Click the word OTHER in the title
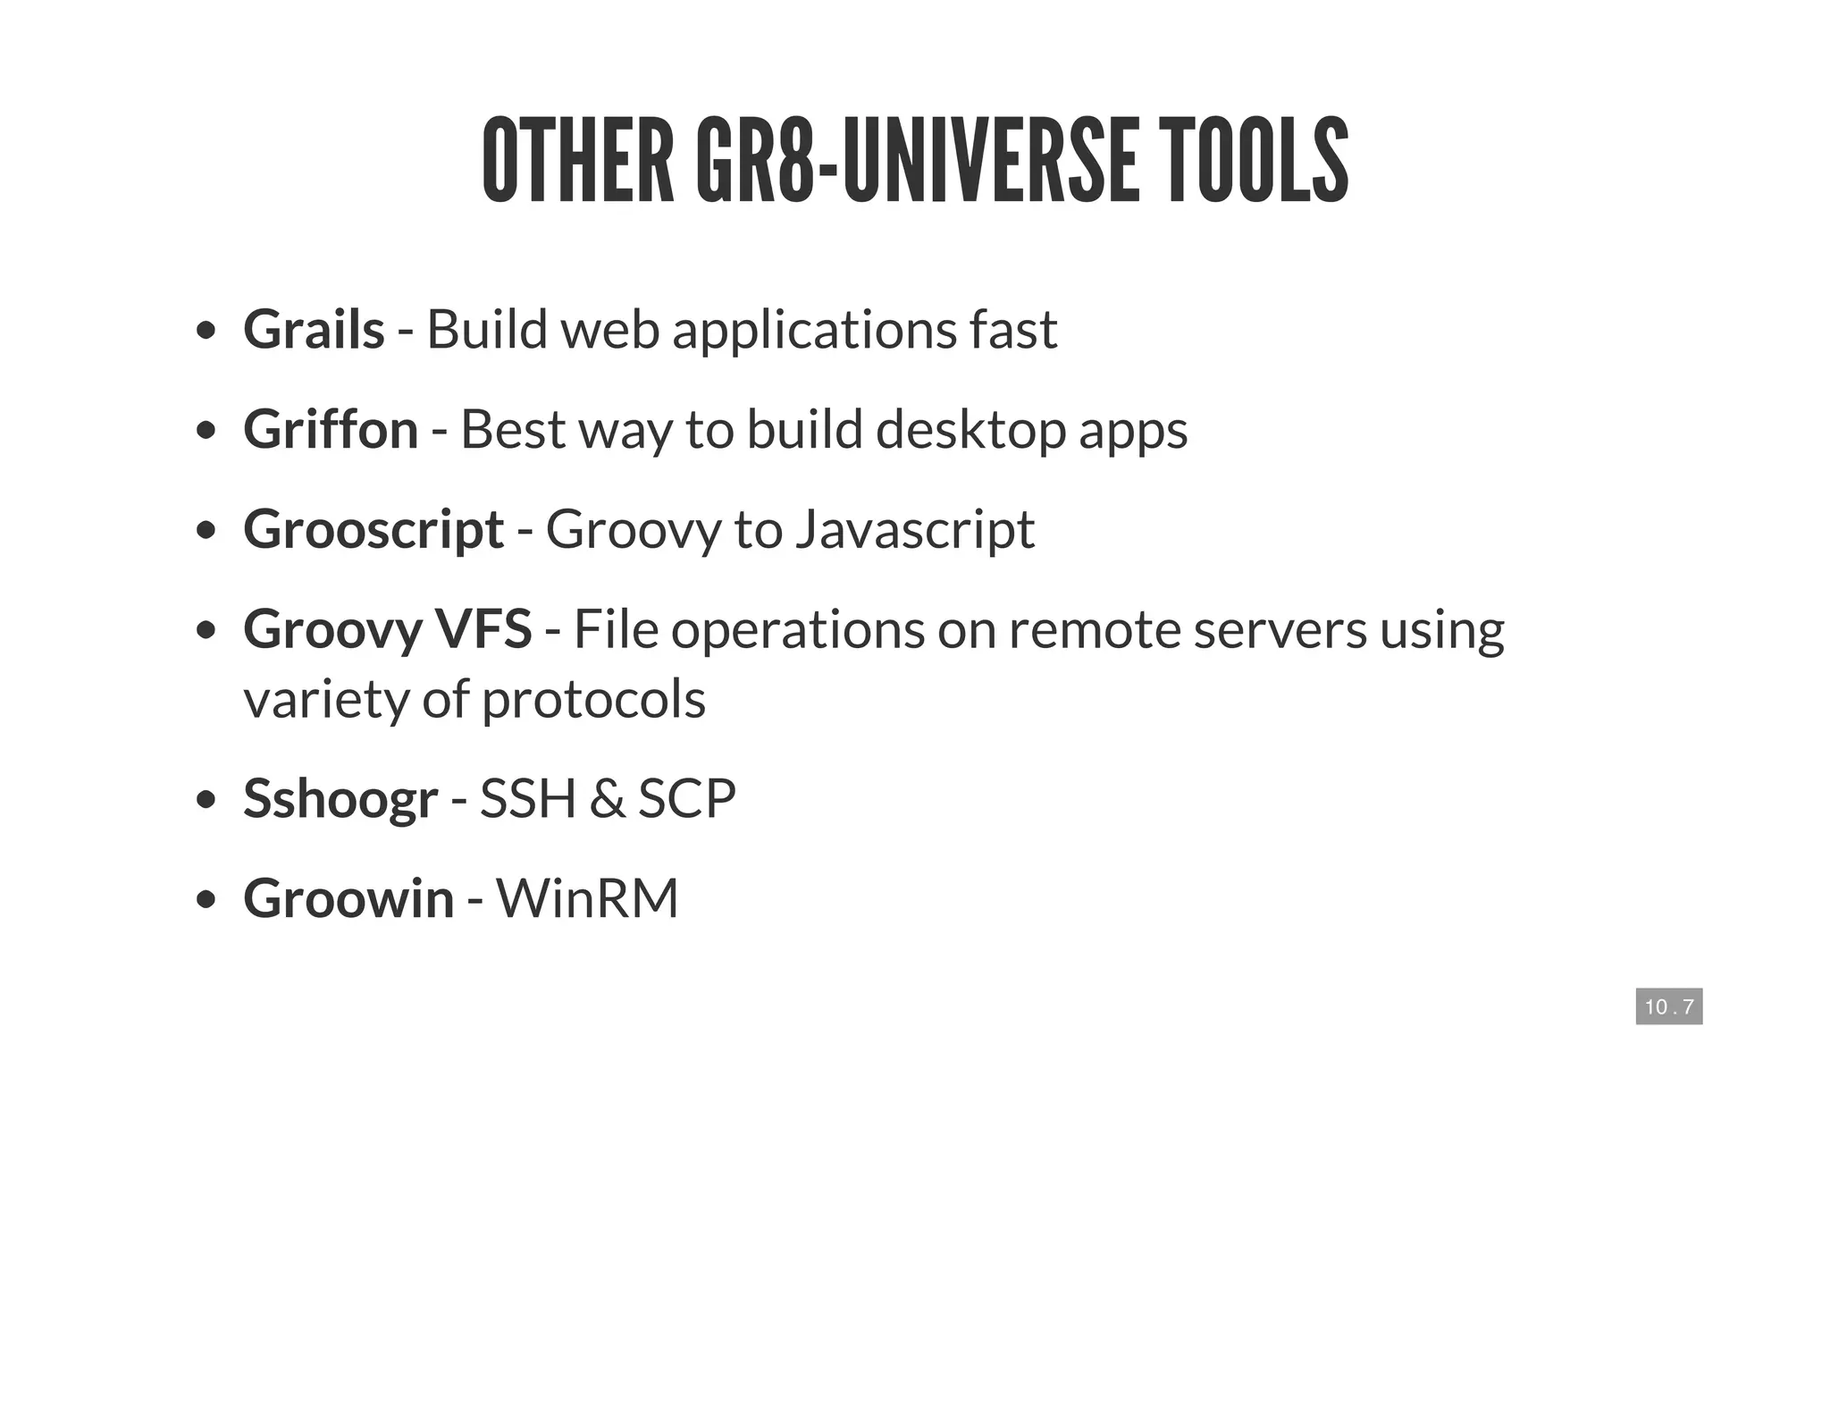578,161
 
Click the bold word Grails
314,329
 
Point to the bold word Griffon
331,429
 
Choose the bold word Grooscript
374,529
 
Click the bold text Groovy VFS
388,629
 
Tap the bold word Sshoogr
340,798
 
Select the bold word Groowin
348,898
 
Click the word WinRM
587,898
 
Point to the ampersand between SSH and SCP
607,798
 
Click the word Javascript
914,529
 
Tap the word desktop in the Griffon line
970,429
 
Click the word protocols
594,699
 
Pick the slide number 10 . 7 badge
1668,1006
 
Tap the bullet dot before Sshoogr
206,799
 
